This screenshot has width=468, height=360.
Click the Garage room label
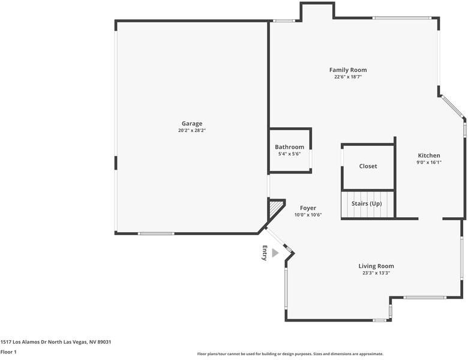tap(192, 124)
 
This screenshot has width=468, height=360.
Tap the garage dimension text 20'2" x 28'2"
tap(192, 130)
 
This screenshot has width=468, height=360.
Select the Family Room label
tap(348, 70)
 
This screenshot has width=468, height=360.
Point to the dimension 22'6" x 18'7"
tap(348, 77)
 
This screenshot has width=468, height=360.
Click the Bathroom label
tap(289, 147)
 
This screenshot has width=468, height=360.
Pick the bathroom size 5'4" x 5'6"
tap(289, 154)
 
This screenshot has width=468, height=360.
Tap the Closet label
tap(368, 166)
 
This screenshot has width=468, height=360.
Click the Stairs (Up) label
tap(367, 204)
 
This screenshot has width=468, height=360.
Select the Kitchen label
tap(429, 155)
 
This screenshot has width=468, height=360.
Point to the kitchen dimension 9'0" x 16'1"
tap(429, 162)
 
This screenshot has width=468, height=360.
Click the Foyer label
tap(308, 208)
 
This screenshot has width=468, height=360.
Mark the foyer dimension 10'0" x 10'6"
tap(308, 215)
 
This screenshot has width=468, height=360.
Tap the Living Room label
tap(376, 266)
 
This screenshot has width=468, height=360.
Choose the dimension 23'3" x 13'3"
tap(376, 272)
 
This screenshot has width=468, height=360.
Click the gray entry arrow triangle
tap(275, 253)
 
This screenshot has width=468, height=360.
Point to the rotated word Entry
tap(264, 253)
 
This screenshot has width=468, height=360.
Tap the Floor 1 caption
tap(8, 352)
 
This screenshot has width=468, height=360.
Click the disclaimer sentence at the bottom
tap(290, 354)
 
